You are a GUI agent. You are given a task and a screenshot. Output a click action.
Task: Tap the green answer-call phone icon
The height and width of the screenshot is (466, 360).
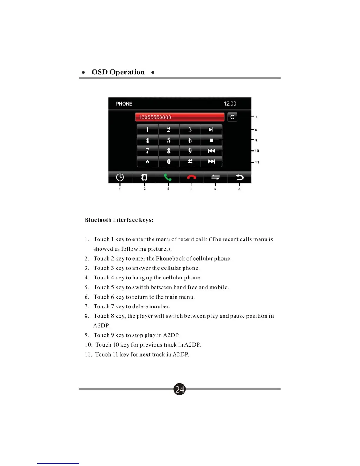point(168,177)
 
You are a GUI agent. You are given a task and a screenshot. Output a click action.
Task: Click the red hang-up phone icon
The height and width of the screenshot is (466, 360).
point(191,177)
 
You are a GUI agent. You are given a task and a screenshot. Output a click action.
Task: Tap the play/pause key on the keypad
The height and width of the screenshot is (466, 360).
point(211,129)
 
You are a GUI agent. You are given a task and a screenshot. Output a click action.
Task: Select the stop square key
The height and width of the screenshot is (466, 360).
point(211,140)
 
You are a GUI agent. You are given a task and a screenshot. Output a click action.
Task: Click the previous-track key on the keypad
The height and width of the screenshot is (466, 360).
point(211,151)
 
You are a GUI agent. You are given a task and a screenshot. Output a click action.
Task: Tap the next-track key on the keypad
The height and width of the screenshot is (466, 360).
point(211,162)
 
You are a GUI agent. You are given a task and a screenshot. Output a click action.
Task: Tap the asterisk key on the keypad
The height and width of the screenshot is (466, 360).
point(148,162)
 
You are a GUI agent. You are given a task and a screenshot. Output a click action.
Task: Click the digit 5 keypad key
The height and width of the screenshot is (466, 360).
point(169,140)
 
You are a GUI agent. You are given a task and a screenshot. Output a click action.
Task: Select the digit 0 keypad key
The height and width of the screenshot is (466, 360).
point(169,162)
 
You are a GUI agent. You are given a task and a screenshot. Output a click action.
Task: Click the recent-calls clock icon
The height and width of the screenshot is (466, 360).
point(120,177)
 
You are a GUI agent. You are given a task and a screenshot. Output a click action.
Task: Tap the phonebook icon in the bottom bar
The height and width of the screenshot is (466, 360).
point(144,177)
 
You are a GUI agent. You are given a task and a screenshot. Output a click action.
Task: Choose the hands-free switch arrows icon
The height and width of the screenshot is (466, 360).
point(215,177)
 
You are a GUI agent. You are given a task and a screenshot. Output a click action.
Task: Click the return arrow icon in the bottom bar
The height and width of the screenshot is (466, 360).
point(240,177)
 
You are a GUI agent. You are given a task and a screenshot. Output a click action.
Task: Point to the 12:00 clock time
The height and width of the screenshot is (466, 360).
point(230,104)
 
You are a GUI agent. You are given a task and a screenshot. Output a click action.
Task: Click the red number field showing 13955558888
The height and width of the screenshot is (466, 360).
point(179,117)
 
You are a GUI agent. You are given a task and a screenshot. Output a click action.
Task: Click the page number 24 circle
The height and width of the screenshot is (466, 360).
point(179,389)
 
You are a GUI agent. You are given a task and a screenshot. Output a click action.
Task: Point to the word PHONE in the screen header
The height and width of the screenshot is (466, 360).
point(124,104)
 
